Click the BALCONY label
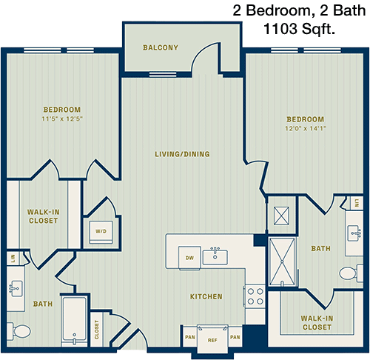tap(161, 47)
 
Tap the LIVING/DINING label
tap(182, 154)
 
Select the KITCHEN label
tap(206, 296)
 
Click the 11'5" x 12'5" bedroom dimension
tap(62, 119)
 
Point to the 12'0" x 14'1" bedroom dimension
tap(306, 128)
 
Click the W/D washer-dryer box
tap(101, 232)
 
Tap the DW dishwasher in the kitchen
tap(189, 258)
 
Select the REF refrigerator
tap(212, 339)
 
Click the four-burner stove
tap(255, 296)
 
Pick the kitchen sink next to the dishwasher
tap(215, 257)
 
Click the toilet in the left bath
tap(19, 331)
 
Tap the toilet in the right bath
tap(351, 273)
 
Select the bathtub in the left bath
tap(74, 320)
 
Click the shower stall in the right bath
tap(282, 261)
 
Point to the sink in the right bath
tap(354, 233)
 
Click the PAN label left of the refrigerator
tap(190, 337)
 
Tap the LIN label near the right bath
tap(357, 203)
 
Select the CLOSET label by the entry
tap(97, 330)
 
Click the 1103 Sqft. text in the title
tap(299, 29)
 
